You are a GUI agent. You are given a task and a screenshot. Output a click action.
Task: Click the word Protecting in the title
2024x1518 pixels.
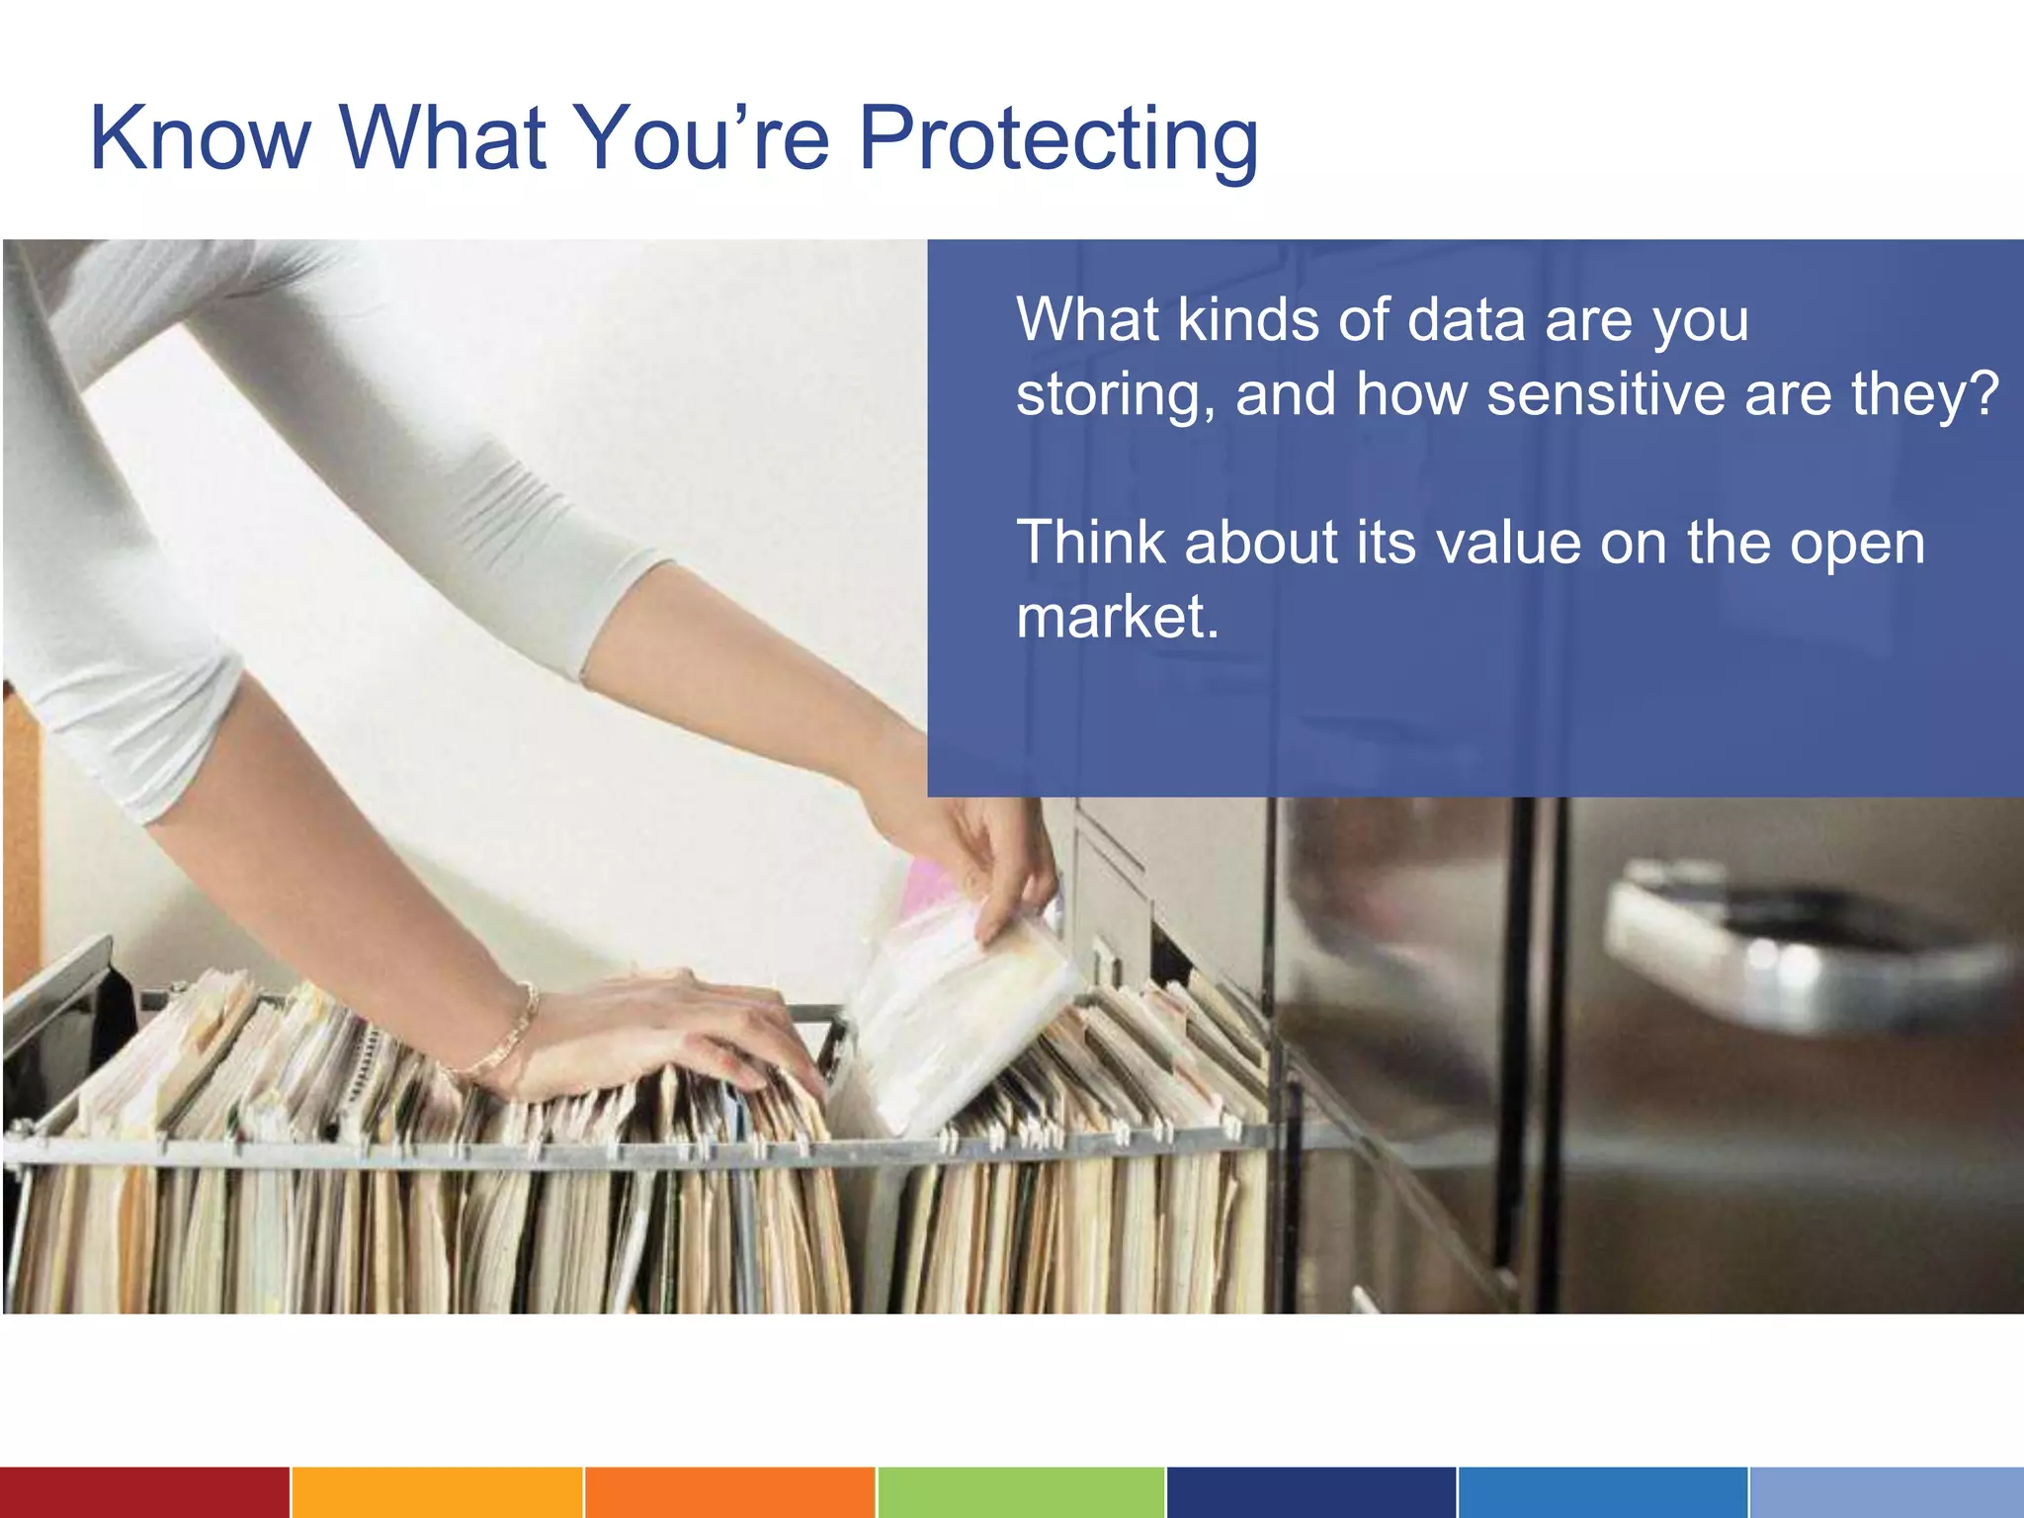click(x=1058, y=140)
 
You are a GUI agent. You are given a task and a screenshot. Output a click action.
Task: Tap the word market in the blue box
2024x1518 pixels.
click(x=1117, y=617)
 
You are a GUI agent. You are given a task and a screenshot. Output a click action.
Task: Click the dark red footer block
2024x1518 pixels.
click(x=144, y=1492)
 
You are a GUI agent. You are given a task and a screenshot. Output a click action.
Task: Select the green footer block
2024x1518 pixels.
click(x=1021, y=1492)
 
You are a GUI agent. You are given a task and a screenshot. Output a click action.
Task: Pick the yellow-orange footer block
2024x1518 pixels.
click(x=437, y=1492)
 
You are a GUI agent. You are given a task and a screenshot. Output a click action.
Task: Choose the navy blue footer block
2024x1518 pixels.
click(x=1311, y=1492)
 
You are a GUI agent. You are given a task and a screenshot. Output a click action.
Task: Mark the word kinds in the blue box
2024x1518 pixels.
click(x=1247, y=320)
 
